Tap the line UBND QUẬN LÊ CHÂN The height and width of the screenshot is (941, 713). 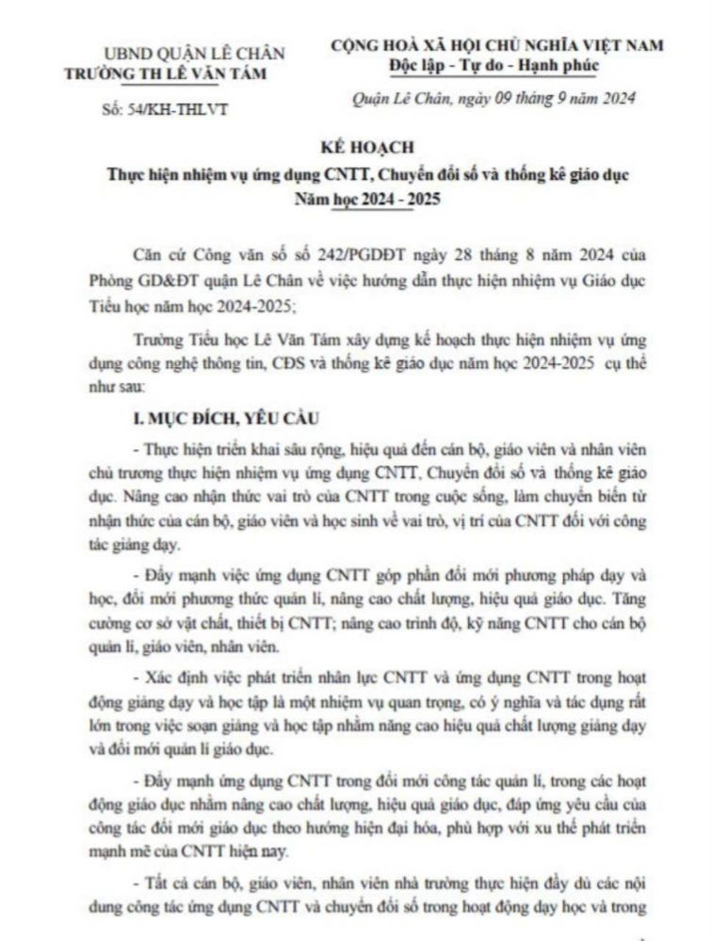194,54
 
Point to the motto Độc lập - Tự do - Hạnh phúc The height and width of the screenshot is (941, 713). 493,65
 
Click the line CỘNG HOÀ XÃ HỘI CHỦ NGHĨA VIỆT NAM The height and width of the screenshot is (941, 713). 496,45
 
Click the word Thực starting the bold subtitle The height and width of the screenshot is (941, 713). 125,175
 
